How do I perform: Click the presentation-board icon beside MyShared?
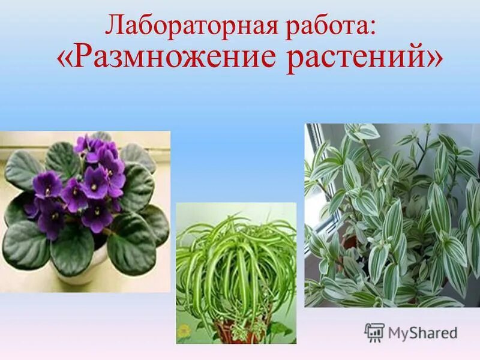(x=374, y=332)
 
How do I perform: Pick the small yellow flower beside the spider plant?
(x=184, y=331)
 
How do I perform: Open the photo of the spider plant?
(x=236, y=273)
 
